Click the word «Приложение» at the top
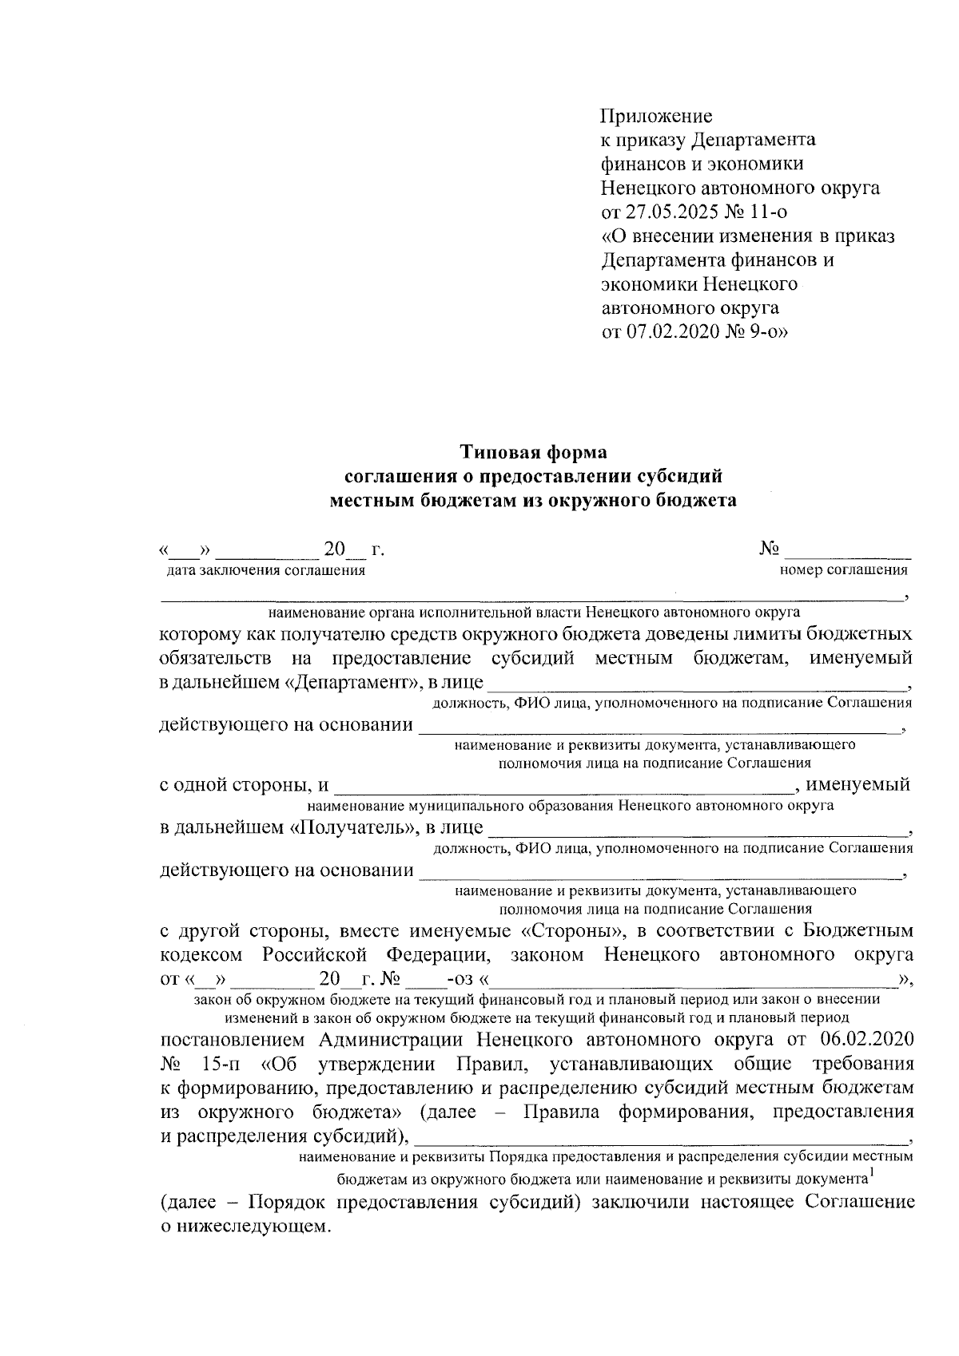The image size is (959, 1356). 656,116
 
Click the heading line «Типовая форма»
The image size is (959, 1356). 533,452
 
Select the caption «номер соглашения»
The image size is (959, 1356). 843,570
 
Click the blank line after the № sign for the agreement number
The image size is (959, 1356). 849,549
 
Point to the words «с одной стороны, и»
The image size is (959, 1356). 244,784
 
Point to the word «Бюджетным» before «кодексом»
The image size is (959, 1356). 858,931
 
